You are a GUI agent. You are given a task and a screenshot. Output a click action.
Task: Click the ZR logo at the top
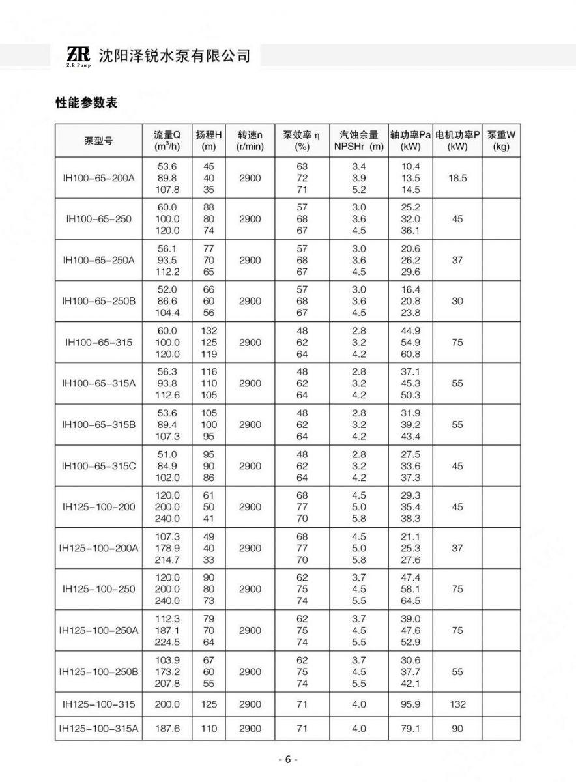(x=78, y=56)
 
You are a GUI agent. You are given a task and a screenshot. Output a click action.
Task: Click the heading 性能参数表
(x=85, y=104)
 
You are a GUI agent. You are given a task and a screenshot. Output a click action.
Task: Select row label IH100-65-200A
(x=98, y=178)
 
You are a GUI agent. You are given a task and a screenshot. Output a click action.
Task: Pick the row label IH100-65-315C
(x=98, y=466)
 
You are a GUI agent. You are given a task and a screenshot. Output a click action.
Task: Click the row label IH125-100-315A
(x=98, y=729)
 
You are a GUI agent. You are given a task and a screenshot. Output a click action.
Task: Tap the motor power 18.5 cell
(x=457, y=178)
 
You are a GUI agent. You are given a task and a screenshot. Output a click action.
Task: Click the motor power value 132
(x=457, y=704)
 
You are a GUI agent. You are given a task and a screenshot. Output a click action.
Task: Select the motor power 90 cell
(x=457, y=729)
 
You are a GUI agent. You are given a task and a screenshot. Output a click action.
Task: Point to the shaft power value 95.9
(x=410, y=704)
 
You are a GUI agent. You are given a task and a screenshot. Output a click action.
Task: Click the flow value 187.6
(x=167, y=729)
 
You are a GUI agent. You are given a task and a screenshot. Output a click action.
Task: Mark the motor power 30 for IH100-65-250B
(x=457, y=301)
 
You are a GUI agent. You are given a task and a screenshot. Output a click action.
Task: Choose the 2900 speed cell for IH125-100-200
(x=250, y=507)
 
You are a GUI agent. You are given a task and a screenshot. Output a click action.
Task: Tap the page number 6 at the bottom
(x=287, y=760)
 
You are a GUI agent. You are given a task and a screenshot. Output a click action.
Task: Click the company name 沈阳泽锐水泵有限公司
(x=174, y=55)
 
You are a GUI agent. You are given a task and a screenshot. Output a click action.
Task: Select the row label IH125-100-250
(x=98, y=589)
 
